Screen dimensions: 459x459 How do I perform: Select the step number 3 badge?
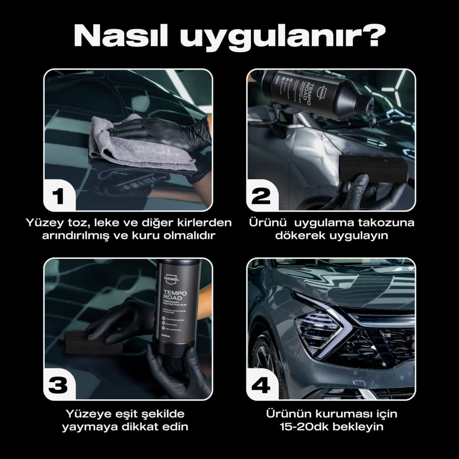click(x=58, y=385)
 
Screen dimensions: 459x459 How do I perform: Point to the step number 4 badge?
click(x=261, y=385)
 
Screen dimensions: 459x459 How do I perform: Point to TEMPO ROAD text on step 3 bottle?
click(x=174, y=295)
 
